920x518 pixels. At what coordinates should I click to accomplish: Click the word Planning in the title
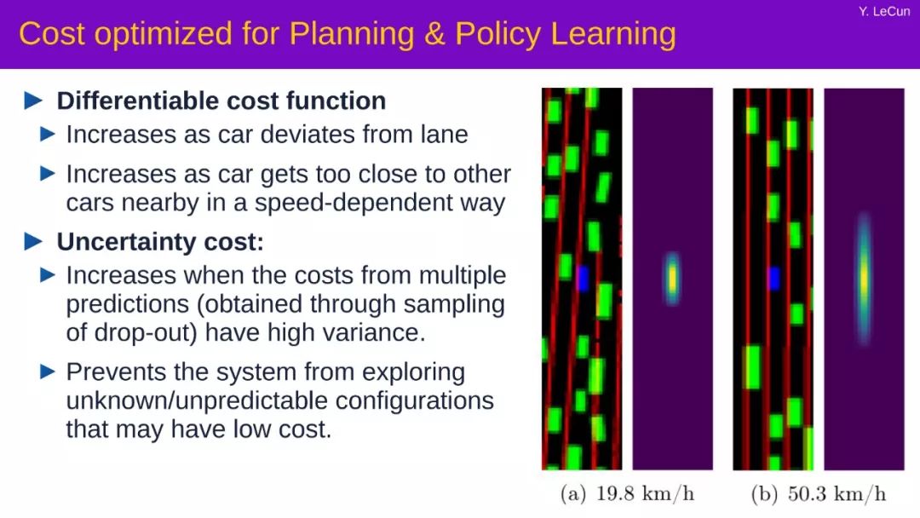click(x=352, y=35)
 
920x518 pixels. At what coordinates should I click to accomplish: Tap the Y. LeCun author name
click(x=884, y=11)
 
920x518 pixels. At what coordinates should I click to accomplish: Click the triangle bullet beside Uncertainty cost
click(x=33, y=241)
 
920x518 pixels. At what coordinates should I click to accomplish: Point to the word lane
click(x=444, y=135)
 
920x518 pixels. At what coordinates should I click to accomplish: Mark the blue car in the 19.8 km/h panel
click(x=583, y=279)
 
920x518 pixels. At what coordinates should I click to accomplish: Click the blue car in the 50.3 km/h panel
click(x=773, y=278)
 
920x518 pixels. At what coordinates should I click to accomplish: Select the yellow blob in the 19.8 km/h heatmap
click(x=672, y=279)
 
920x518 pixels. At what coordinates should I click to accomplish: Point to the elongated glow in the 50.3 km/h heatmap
click(x=864, y=279)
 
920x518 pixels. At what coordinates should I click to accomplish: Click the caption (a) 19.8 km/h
click(x=627, y=494)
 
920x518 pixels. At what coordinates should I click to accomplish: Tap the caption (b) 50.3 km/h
click(x=819, y=494)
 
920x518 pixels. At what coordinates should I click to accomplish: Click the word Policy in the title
click(x=497, y=35)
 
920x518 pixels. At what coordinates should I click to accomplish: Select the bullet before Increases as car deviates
click(x=48, y=135)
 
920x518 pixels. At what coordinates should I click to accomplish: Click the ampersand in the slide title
click(x=434, y=34)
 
